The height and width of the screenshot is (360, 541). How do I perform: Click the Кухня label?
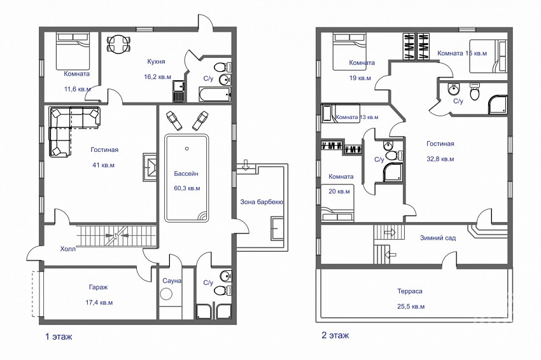[156, 62]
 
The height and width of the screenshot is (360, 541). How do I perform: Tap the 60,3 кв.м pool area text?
[187, 188]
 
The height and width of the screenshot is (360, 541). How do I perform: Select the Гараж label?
[98, 287]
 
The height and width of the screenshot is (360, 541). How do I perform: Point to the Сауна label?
[172, 280]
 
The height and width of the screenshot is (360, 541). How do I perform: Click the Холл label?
[67, 249]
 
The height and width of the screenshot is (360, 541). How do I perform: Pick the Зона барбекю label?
[262, 202]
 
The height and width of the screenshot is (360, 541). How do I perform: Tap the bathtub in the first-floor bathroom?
[214, 94]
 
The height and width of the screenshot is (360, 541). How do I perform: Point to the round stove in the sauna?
[167, 294]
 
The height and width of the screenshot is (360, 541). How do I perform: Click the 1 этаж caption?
[59, 336]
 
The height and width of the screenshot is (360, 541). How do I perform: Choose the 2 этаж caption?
[335, 335]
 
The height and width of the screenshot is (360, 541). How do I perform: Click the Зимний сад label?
[438, 238]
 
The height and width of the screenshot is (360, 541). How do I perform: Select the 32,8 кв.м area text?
[440, 159]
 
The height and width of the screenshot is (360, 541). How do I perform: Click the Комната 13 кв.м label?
[357, 117]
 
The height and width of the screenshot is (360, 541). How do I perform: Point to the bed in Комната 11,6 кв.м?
[73, 52]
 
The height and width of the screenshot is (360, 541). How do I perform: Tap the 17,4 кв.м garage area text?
[99, 303]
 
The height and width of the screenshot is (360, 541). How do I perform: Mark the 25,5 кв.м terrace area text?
[411, 307]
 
